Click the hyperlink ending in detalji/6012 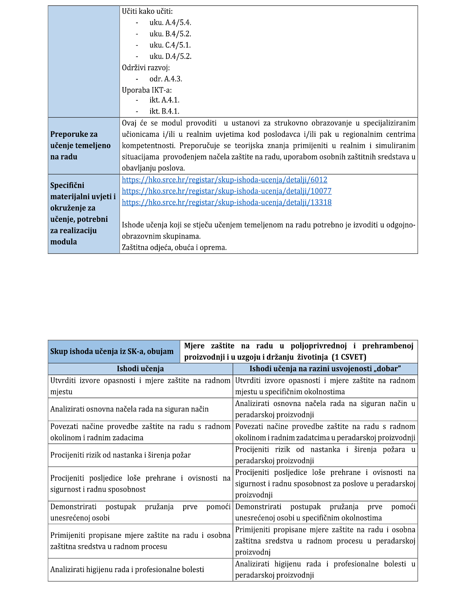pyautogui.click(x=224, y=180)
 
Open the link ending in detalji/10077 pyautogui.click(x=226, y=191)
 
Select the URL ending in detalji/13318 pyautogui.click(x=226, y=202)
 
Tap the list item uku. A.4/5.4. pyautogui.click(x=170, y=23)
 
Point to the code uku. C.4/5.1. pyautogui.click(x=170, y=45)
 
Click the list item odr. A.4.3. pyautogui.click(x=165, y=79)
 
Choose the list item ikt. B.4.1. pyautogui.click(x=164, y=111)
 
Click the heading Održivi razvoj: pyautogui.click(x=146, y=68)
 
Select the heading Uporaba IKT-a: pyautogui.click(x=147, y=90)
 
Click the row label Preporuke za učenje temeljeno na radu pyautogui.click(x=80, y=146)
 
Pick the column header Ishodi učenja pyautogui.click(x=140, y=369)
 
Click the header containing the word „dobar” pyautogui.click(x=325, y=369)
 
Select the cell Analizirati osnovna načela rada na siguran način pyautogui.click(x=129, y=409)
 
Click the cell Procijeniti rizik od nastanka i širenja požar pyautogui.click(x=120, y=455)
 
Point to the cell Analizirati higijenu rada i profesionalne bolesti pyautogui.click(x=127, y=569)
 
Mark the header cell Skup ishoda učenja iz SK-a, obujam pyautogui.click(x=112, y=352)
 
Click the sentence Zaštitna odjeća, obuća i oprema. pyautogui.click(x=174, y=248)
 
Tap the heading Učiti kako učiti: pyautogui.click(x=147, y=11)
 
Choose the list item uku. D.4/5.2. pyautogui.click(x=170, y=56)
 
